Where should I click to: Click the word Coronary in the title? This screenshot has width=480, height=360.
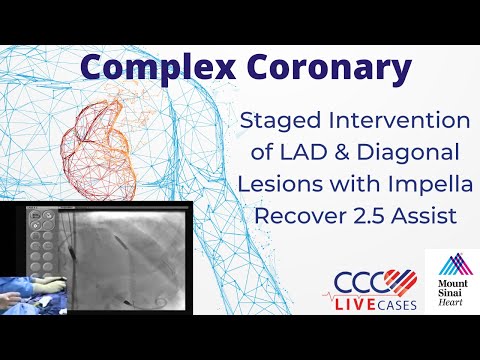click(x=311, y=68)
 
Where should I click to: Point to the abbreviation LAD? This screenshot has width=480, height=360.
click(x=291, y=155)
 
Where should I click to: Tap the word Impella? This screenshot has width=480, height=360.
click(x=412, y=187)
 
